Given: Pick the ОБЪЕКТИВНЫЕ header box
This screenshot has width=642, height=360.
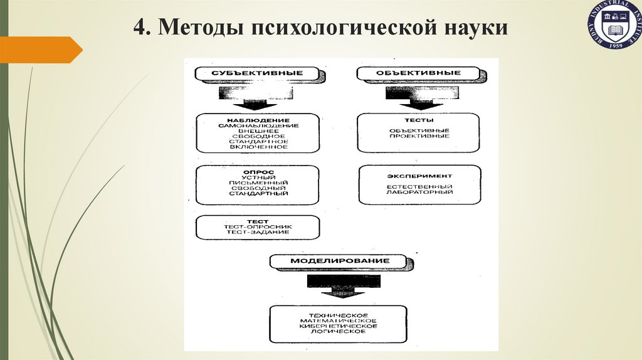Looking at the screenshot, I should pyautogui.click(x=418, y=73).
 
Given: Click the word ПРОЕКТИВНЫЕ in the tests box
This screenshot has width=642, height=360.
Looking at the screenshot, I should pyautogui.click(x=418, y=136).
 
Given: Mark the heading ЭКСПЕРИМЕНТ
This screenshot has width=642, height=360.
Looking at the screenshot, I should pyautogui.click(x=419, y=176).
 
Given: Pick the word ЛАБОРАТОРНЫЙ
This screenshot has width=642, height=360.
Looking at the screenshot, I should pyautogui.click(x=419, y=192).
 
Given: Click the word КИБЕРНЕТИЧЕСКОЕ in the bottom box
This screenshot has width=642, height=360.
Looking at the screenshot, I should pyautogui.click(x=338, y=326).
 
